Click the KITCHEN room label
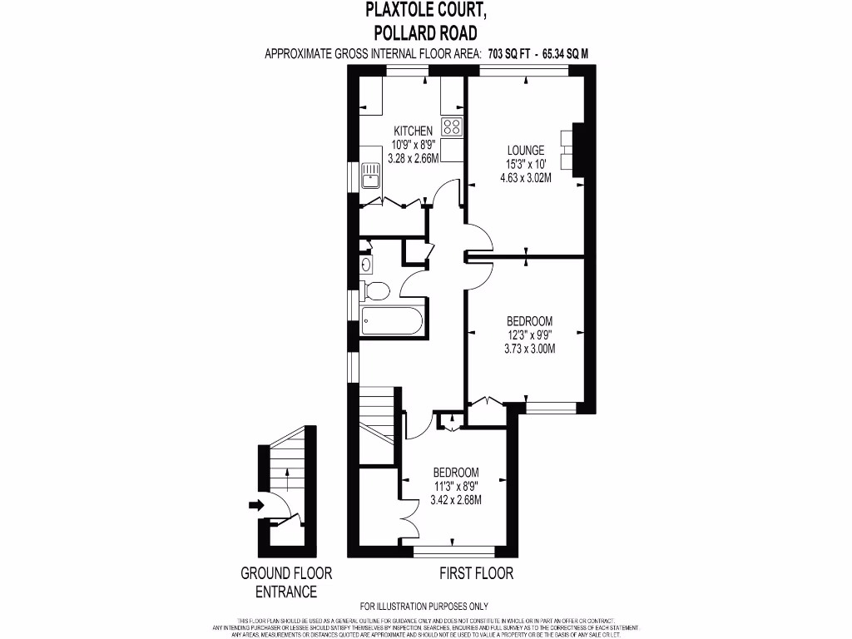413,131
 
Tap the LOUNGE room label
526,151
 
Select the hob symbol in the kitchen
452,126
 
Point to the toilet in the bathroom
375,291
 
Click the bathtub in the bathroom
393,321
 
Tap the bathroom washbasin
367,265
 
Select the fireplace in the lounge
572,150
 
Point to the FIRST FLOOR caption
476,573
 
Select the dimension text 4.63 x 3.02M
526,176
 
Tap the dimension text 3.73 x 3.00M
529,349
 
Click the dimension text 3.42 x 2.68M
455,500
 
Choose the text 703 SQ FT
511,54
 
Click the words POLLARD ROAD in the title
425,33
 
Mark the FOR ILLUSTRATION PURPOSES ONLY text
424,607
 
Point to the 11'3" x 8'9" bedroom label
455,486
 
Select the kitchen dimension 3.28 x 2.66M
413,158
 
